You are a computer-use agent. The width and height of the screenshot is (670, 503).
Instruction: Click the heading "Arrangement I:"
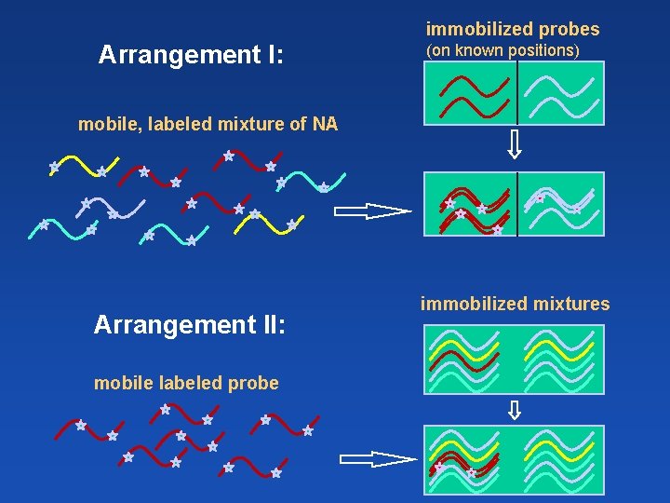click(x=191, y=55)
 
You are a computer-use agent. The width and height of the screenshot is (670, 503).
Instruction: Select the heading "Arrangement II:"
click(x=190, y=325)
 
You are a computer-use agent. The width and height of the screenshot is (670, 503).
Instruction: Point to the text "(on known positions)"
click(x=502, y=50)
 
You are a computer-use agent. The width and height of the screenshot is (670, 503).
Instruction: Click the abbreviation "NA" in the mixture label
click(x=326, y=123)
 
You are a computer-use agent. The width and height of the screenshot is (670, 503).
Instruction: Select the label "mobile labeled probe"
click(x=186, y=383)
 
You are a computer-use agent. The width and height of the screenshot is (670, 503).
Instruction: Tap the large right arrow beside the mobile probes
click(x=378, y=458)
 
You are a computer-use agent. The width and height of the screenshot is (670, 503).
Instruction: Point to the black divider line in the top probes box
click(x=516, y=93)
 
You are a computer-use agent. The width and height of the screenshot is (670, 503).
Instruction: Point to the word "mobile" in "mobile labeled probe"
click(x=120, y=383)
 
